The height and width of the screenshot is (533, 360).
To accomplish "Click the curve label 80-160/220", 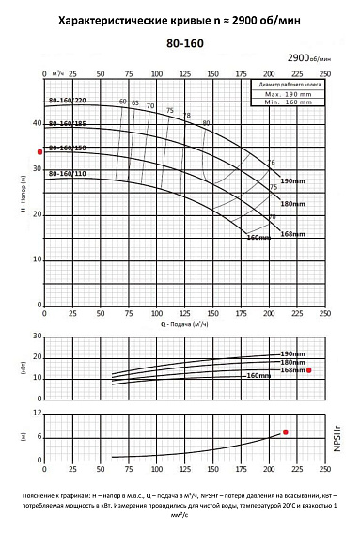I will (x=67, y=101).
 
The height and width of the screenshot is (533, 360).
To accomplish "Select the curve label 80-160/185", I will (x=67, y=123).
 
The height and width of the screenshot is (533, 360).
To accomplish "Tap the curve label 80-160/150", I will (x=67, y=148).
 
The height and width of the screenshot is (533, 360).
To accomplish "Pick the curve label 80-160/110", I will (x=67, y=173).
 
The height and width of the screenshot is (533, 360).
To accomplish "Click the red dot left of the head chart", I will (x=39, y=151).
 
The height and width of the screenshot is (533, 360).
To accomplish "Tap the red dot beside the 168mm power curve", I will (x=308, y=371).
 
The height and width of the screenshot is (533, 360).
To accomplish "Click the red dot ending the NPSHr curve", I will (x=286, y=431).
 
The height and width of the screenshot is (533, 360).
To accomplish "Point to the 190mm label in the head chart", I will (x=293, y=180).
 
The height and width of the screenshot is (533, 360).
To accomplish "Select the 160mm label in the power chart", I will (x=258, y=376).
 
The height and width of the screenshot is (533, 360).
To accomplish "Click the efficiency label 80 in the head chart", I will (x=206, y=123).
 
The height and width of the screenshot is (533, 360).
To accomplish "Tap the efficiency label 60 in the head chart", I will (x=122, y=102).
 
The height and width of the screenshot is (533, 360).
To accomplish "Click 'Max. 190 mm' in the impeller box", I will (x=286, y=94).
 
